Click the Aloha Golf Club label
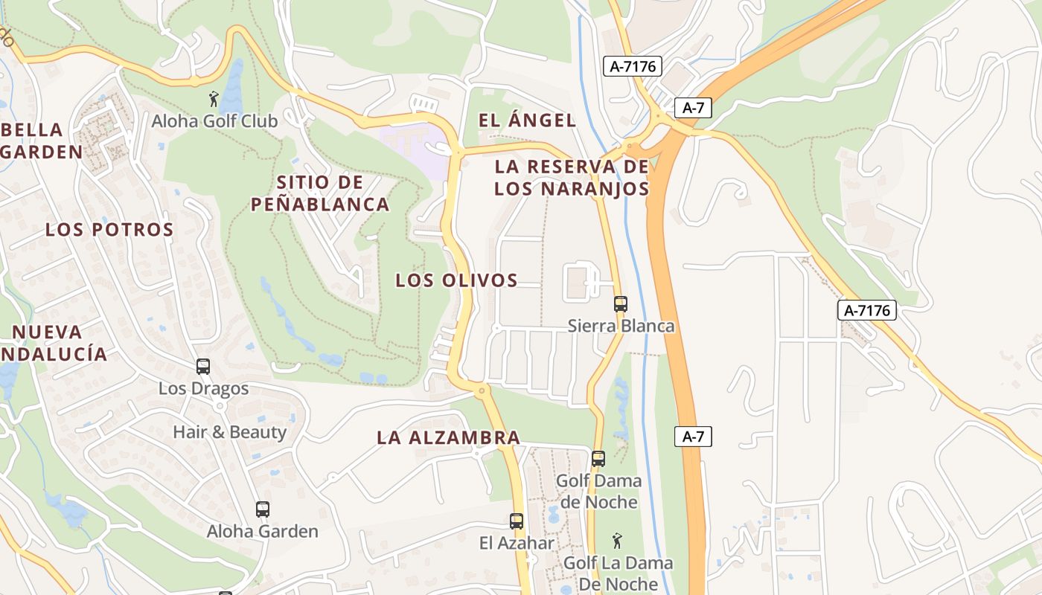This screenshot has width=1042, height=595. [214, 120]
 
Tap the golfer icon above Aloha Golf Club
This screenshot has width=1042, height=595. [214, 98]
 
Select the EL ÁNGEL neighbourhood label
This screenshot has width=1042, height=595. [527, 120]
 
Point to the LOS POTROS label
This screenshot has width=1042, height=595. [109, 229]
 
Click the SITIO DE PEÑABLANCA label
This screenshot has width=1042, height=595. [320, 193]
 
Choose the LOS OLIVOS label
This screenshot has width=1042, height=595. [456, 280]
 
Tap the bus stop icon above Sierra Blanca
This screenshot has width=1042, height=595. [620, 303]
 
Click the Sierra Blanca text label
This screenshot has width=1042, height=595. [621, 326]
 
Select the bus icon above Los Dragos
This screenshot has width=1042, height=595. [203, 366]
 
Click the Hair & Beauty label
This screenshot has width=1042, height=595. [229, 432]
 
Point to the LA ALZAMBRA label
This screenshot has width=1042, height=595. [448, 437]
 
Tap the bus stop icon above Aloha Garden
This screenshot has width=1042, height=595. [262, 509]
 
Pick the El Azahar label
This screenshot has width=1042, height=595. [517, 543]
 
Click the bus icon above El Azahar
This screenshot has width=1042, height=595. [517, 521]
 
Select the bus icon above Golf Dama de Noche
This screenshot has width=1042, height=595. [598, 458]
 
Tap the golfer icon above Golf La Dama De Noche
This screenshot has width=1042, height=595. [617, 541]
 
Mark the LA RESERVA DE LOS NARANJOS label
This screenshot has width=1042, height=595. [572, 177]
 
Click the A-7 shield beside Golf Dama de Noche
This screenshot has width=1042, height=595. [693, 437]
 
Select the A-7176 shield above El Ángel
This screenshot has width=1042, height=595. [632, 66]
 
